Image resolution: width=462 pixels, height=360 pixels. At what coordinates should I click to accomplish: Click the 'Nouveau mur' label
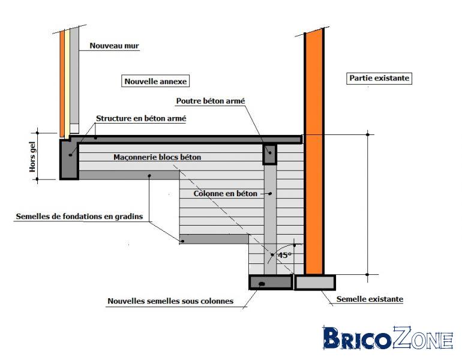[x=114, y=46]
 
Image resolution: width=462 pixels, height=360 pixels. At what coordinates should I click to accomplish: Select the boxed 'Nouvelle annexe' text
[x=155, y=82]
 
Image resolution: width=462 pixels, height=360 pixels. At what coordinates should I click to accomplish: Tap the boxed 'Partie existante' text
[x=379, y=78]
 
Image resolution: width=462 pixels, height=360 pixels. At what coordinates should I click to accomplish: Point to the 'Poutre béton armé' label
[x=211, y=101]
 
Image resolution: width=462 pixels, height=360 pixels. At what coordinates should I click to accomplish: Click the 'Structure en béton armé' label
[x=141, y=118]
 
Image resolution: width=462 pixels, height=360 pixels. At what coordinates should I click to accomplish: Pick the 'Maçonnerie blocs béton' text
[x=157, y=157]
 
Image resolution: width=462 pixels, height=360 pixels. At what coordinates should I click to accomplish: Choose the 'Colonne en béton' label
[x=226, y=194]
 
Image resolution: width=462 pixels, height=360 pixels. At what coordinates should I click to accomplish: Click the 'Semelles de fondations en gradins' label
[x=79, y=217]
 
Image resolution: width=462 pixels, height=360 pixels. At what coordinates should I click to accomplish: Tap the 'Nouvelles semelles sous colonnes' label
[x=170, y=301]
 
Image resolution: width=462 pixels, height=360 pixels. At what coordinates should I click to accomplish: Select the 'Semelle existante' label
[x=370, y=299]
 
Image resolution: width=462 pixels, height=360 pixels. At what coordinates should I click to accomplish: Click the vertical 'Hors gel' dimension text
[x=32, y=157]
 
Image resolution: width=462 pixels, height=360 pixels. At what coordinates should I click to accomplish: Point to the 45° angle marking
[x=284, y=256]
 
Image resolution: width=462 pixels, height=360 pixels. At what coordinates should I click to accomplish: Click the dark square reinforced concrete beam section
[x=269, y=154]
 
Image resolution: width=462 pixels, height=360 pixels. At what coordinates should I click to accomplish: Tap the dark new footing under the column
[x=271, y=282]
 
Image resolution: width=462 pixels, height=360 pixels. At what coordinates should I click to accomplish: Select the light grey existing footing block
[x=315, y=282]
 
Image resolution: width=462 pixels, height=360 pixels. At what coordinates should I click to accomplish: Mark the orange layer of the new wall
[x=62, y=84]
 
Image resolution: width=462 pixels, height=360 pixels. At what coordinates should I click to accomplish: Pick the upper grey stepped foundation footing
[x=129, y=175]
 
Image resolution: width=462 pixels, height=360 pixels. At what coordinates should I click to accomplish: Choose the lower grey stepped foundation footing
[x=214, y=239]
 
